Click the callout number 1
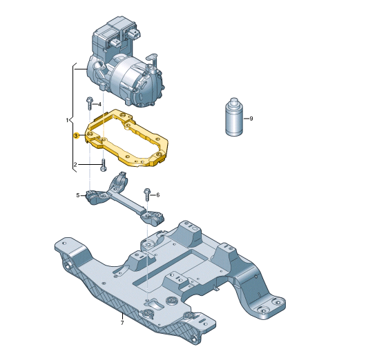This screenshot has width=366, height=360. pos(67,120)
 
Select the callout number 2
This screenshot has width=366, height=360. pos(75,165)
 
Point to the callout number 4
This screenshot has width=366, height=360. pos(99,104)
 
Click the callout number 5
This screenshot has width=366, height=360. pos(77,196)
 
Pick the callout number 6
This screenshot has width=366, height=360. pos(157,195)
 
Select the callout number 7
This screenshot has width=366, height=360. pos(122,323)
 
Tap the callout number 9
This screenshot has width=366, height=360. pos(251,119)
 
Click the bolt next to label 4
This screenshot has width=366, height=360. pos(89,104)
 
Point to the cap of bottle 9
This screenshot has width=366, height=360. pos(234,103)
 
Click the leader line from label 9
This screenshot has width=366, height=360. pos(245,119)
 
